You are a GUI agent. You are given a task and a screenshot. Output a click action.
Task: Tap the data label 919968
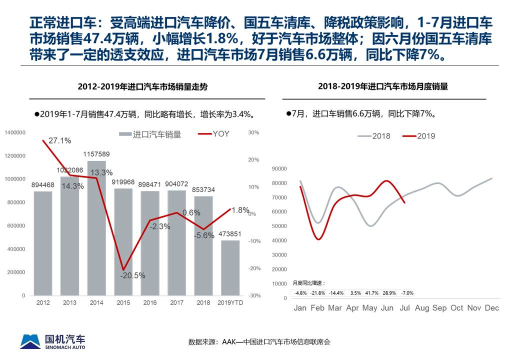point(123,182)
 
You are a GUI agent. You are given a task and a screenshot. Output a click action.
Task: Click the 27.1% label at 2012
point(60,140)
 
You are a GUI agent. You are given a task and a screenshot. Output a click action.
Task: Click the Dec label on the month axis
point(491,308)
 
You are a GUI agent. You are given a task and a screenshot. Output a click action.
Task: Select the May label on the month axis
point(369,308)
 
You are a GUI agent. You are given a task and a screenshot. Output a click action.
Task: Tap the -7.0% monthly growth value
point(406,293)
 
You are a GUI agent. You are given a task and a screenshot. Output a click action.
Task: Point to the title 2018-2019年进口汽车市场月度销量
point(383,86)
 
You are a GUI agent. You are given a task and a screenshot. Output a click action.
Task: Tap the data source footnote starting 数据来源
point(259,342)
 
